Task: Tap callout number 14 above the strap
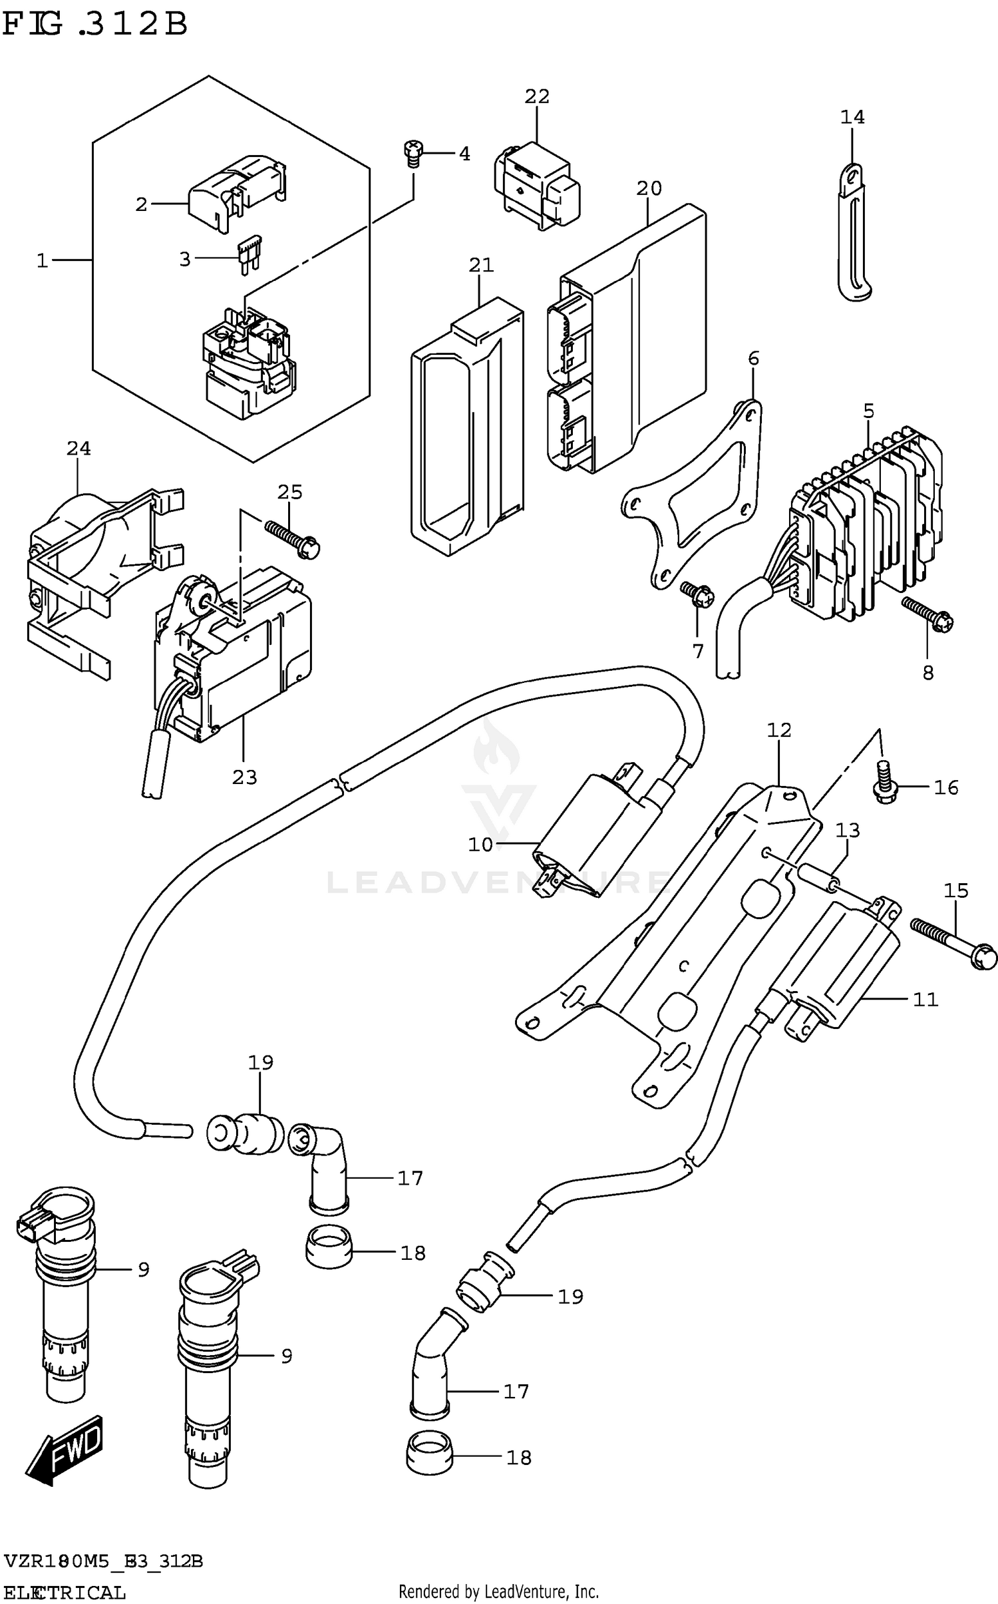(852, 117)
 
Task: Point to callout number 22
(537, 97)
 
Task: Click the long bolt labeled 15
(953, 943)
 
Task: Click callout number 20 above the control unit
(649, 189)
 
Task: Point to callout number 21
(481, 265)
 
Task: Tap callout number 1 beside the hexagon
(43, 261)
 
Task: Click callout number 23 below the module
(244, 777)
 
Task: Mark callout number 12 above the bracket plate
(779, 730)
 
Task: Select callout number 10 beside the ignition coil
(480, 845)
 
